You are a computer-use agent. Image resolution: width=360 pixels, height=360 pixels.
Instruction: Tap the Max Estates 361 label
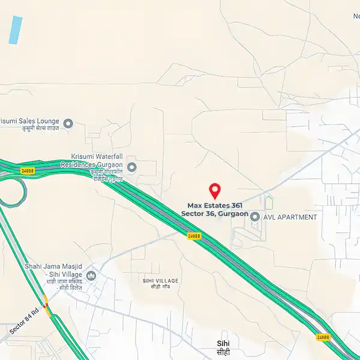point(215,205)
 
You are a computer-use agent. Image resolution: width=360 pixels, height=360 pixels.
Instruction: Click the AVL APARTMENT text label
point(290,217)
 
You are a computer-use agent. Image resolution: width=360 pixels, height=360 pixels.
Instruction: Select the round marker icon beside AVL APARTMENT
point(254,217)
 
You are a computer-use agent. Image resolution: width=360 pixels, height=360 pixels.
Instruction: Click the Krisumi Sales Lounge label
point(30,119)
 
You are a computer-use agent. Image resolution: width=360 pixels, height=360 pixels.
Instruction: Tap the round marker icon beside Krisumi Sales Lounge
point(68,124)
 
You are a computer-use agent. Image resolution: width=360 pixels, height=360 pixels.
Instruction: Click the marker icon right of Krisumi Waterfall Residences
point(132,167)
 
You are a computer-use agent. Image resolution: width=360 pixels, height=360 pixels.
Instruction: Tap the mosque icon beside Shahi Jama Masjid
point(91,275)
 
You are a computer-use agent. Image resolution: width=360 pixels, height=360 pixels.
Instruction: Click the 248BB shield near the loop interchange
point(28,170)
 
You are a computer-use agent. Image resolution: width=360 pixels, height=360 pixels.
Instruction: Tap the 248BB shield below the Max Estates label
point(194,236)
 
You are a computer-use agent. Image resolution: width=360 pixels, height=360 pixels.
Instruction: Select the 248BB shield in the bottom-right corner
point(323,337)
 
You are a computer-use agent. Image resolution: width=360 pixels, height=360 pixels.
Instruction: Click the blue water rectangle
point(16,29)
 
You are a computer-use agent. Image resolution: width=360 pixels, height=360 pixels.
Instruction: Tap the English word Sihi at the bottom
point(223,343)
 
